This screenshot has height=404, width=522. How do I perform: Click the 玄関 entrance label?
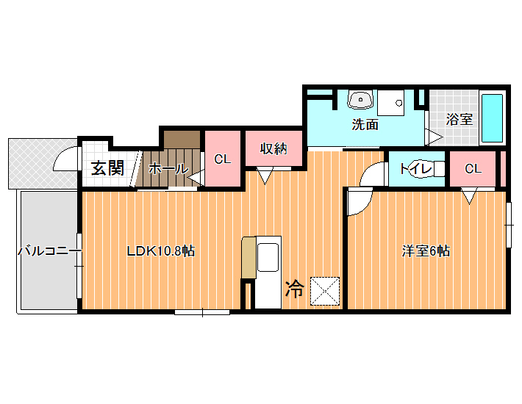pos(108,168)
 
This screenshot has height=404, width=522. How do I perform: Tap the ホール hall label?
pos(168,169)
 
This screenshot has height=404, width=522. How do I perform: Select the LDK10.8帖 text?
pos(161,250)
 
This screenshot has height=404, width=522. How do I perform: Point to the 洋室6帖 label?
pos(426,251)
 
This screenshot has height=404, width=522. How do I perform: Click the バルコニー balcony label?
pos(49,250)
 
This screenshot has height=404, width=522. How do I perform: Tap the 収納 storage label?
pos(273,148)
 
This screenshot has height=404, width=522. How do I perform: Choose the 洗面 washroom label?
pos(365,124)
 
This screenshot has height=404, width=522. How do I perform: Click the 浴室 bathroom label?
pos(459,119)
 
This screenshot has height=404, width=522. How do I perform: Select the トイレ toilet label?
pos(416,169)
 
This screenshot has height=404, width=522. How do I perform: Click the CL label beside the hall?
pos(222,159)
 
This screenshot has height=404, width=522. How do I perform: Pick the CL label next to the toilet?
pos(473,169)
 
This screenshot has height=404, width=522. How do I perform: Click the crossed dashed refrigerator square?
pos(325,291)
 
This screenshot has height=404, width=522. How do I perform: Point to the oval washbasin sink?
pos(360,100)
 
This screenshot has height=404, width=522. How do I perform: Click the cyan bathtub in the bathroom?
pos(493,118)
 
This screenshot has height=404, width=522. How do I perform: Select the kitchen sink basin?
pos(268,257)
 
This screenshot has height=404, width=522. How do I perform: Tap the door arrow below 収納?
pos(265,176)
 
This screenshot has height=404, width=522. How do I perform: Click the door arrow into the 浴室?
pos(434,137)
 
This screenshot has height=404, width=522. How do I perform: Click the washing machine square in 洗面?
pos(391,103)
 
